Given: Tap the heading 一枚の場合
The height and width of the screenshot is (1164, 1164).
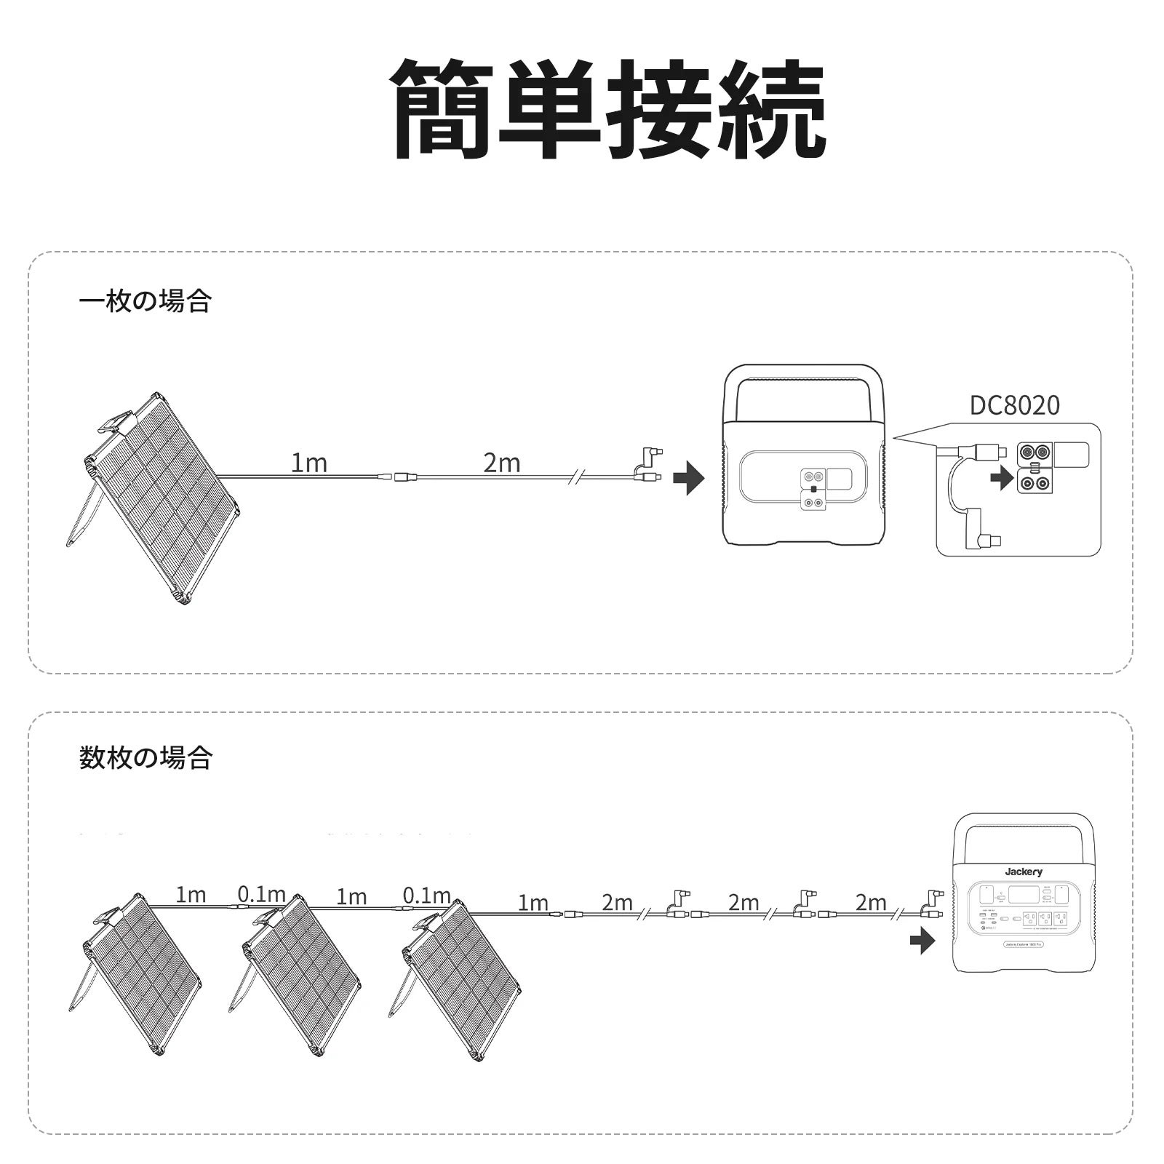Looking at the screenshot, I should (145, 300).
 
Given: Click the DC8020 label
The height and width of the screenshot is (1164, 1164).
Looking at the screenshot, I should (1015, 405).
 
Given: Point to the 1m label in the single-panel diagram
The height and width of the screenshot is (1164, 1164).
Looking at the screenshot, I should (308, 463).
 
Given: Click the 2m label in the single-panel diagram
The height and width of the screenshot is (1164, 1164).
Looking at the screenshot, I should (501, 463).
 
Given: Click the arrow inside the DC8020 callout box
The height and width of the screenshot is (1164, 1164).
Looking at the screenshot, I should (1003, 479).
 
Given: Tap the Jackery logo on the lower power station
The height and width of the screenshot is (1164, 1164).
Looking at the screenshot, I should (1024, 872).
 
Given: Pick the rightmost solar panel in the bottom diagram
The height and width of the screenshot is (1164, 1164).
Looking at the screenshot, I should (462, 975).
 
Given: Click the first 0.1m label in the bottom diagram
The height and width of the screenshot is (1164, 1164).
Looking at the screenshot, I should (261, 894).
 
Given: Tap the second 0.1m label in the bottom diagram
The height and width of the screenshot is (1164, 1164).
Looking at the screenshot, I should (426, 895).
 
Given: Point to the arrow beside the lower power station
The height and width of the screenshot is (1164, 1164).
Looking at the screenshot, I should (922, 944).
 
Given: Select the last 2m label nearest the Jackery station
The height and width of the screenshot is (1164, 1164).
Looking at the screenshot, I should (870, 903).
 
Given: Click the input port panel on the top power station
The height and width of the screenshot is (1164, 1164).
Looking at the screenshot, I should (813, 489).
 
